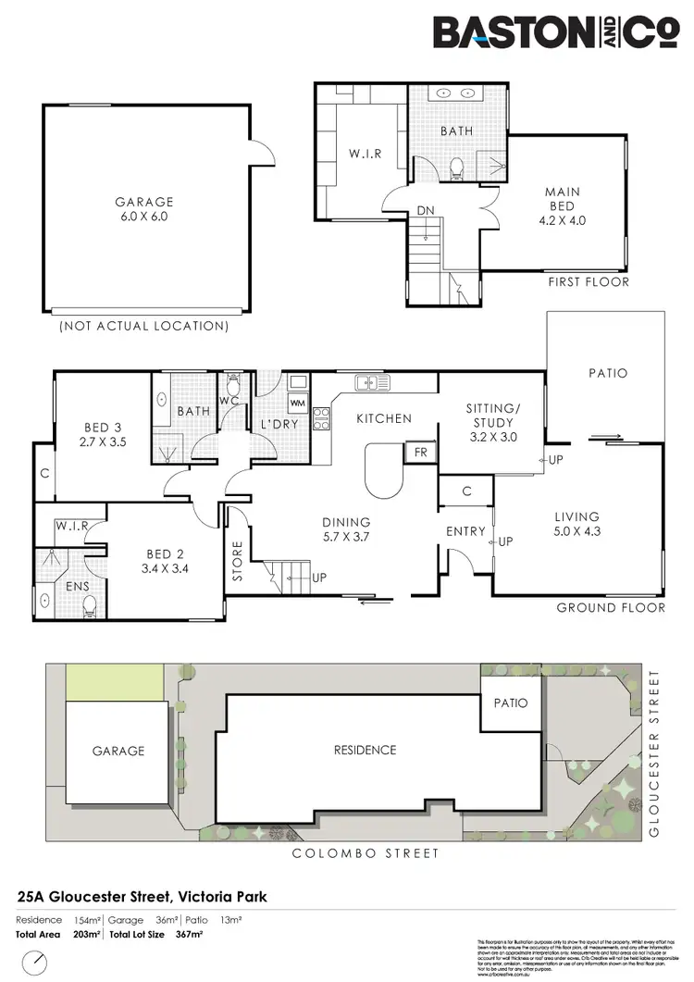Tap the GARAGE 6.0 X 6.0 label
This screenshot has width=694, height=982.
tap(144, 209)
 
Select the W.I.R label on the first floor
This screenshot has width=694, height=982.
tap(365, 153)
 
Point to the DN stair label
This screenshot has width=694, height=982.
tap(426, 211)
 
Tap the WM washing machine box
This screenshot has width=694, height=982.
tap(297, 404)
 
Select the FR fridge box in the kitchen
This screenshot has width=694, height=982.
tap(421, 453)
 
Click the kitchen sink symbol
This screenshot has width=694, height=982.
tap(370, 380)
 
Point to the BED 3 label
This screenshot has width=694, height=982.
tap(105, 434)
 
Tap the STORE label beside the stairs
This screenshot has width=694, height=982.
tap(236, 561)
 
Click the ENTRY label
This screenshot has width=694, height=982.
tap(465, 531)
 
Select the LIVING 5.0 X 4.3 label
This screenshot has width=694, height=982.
tap(576, 524)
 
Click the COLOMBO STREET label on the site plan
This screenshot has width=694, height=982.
tap(366, 852)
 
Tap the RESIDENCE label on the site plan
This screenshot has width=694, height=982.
tap(365, 750)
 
